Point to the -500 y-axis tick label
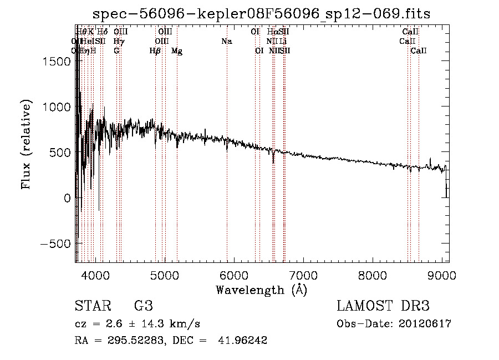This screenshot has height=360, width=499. (57, 244)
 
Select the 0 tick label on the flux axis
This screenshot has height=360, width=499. (68, 198)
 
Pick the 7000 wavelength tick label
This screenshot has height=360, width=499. (304, 274)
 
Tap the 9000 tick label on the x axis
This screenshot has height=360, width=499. (442, 274)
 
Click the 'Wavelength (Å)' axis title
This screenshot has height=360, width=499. (261, 290)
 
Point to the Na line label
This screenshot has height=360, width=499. (226, 41)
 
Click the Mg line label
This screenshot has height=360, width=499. (177, 51)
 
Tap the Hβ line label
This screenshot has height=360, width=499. (155, 51)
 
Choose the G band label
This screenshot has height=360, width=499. (116, 51)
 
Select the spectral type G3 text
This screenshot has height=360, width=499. (144, 306)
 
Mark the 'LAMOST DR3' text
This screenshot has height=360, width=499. (383, 306)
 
